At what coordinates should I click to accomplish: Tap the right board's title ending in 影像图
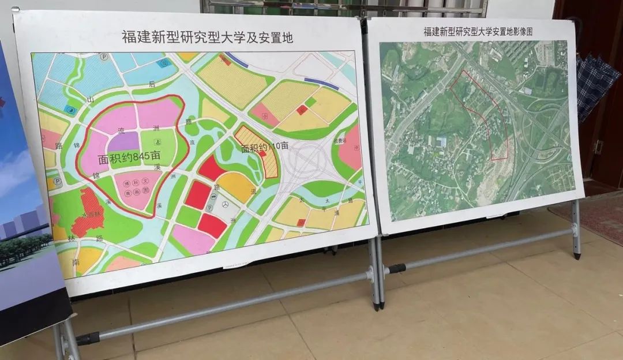pos(478,31)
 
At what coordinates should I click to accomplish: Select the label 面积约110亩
pos(265,148)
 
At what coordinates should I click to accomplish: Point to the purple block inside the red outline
pos(123,141)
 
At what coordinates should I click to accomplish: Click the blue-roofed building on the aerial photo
pos(442,141)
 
